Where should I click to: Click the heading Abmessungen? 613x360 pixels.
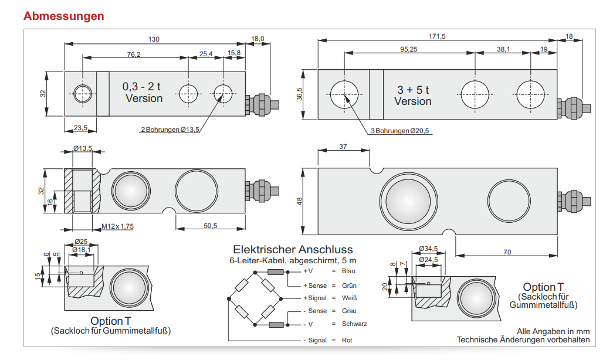(x=64, y=16)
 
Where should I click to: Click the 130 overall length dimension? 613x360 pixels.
(x=154, y=39)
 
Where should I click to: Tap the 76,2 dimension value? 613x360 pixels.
(x=134, y=54)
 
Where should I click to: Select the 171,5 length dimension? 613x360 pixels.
(x=437, y=36)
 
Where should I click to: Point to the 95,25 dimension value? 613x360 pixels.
(x=409, y=49)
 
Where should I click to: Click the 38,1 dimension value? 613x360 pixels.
(x=503, y=49)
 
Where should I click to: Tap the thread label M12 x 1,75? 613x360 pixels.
(x=118, y=226)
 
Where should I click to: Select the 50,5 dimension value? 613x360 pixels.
(x=209, y=226)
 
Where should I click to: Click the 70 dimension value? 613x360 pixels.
(x=507, y=252)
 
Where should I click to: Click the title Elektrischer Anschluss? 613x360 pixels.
(x=293, y=250)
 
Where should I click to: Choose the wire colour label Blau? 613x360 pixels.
(x=348, y=271)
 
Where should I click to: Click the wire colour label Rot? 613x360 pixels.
(x=347, y=340)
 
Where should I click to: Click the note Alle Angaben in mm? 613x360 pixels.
(x=553, y=331)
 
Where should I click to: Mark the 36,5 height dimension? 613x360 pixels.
(x=300, y=94)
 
